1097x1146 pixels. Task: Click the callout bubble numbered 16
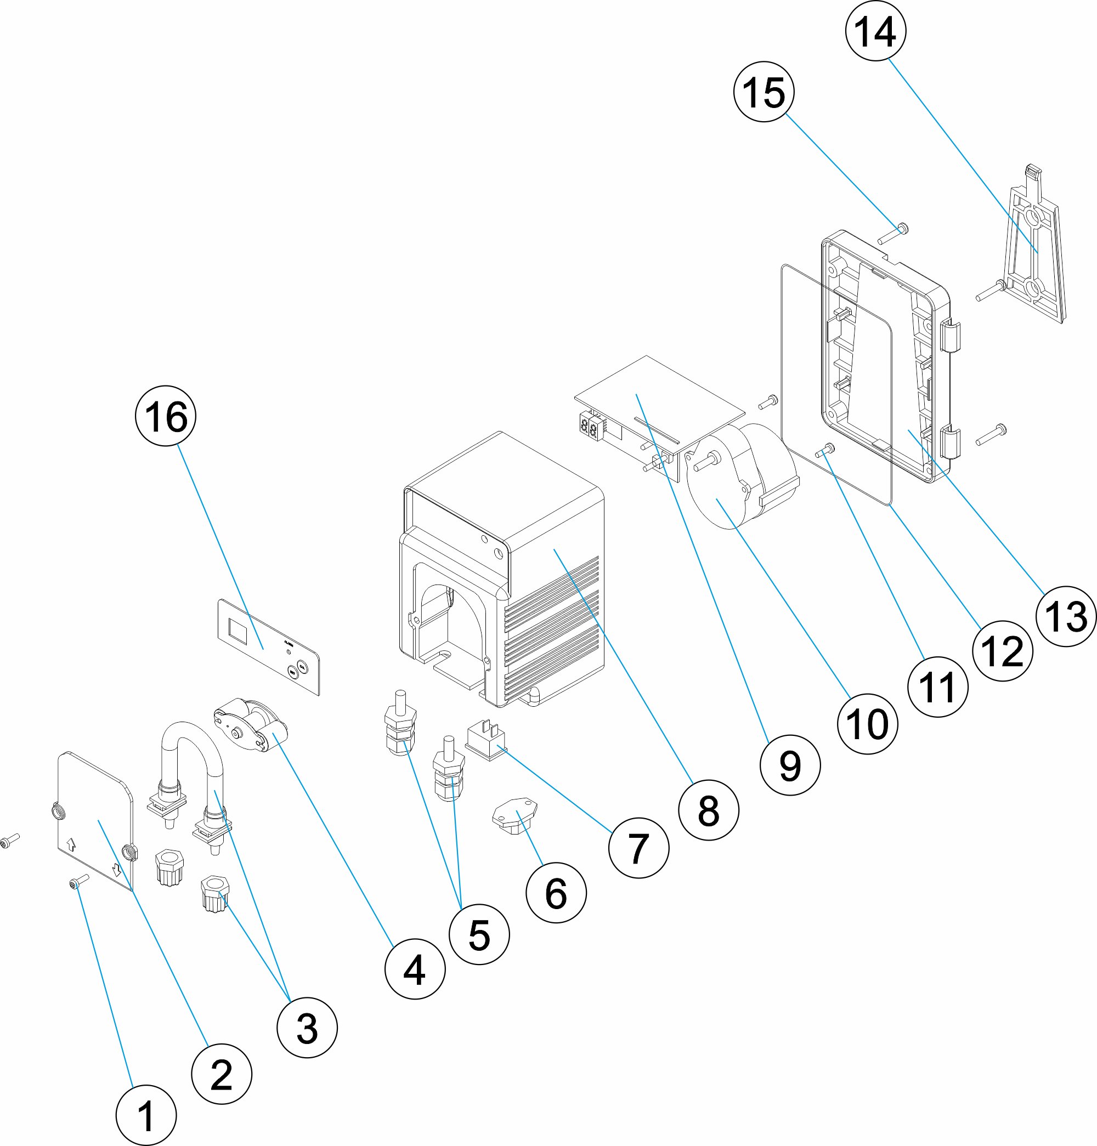click(x=166, y=416)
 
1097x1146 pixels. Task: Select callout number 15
click(x=764, y=92)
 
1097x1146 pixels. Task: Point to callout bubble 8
click(x=709, y=810)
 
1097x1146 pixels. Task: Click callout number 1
click(x=145, y=1115)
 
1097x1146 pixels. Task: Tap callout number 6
click(x=556, y=893)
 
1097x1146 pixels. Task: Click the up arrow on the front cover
click(x=72, y=844)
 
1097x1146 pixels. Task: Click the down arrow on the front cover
click(x=116, y=870)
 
